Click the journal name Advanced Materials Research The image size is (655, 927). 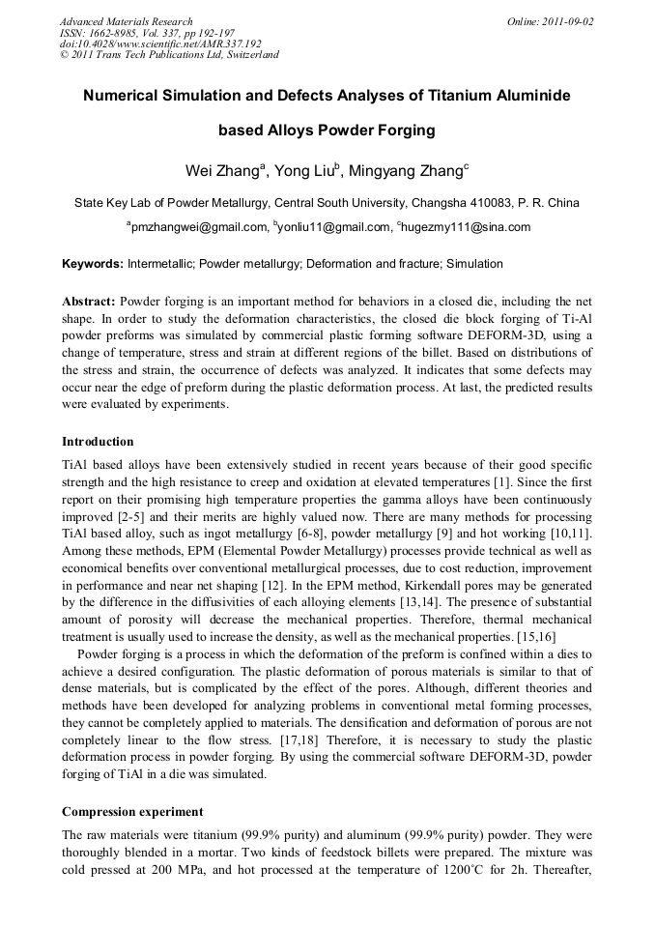(x=126, y=21)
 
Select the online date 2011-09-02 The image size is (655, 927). (x=564, y=21)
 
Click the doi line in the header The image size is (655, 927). (x=160, y=43)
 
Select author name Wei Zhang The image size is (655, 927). (x=220, y=171)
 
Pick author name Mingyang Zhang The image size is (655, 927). (x=405, y=171)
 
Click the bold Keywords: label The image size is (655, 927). (x=94, y=264)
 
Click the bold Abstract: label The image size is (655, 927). (x=89, y=301)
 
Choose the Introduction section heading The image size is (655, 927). (x=98, y=441)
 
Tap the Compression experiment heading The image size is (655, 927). (x=132, y=811)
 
